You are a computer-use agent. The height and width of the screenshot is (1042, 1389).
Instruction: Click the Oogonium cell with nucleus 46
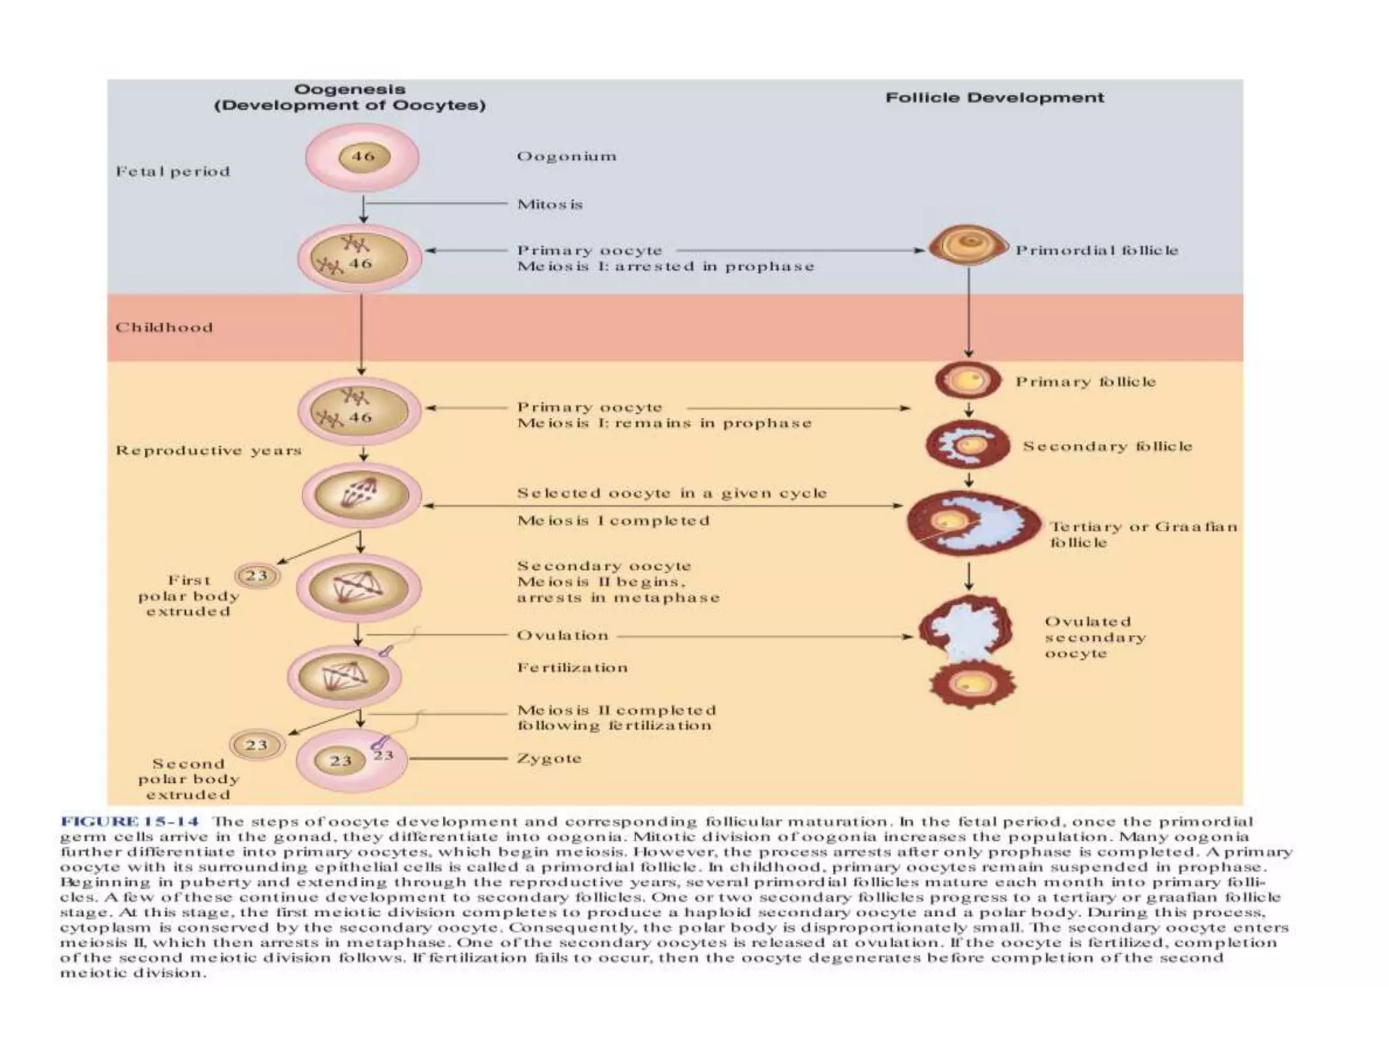click(x=362, y=157)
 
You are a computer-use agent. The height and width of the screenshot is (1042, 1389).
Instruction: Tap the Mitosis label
click(x=549, y=204)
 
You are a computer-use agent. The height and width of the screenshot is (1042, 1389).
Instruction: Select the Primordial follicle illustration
click(x=968, y=246)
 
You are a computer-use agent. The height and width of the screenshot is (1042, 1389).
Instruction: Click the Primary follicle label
click(x=1085, y=382)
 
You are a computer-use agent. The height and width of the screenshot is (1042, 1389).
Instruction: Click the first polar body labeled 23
click(x=256, y=577)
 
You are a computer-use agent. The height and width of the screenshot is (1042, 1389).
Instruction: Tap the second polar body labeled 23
click(x=256, y=745)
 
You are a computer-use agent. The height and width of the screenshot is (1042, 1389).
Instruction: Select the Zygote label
click(x=549, y=758)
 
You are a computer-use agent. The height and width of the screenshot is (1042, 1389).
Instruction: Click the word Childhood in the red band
click(x=163, y=328)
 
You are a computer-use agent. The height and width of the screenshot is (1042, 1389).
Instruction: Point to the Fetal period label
click(x=173, y=172)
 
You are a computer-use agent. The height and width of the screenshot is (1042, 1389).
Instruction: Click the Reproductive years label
click(x=208, y=450)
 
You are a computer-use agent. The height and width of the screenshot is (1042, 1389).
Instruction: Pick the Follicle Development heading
click(x=994, y=98)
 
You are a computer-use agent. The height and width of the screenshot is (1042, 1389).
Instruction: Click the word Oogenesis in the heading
click(x=349, y=90)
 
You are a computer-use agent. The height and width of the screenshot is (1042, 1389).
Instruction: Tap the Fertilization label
click(x=572, y=668)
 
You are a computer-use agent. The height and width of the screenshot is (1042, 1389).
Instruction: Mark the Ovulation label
click(x=562, y=636)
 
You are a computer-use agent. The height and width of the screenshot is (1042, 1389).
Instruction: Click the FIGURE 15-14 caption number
click(x=130, y=822)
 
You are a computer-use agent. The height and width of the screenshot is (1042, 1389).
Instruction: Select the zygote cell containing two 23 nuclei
click(x=351, y=760)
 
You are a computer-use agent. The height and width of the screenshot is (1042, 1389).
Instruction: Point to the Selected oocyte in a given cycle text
click(x=671, y=493)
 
